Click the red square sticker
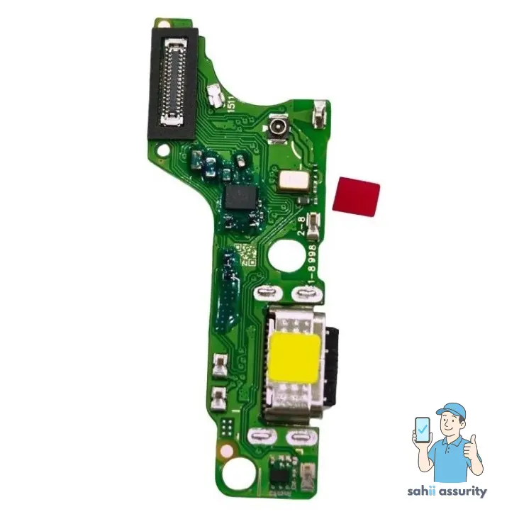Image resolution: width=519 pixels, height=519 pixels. [x=357, y=194]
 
